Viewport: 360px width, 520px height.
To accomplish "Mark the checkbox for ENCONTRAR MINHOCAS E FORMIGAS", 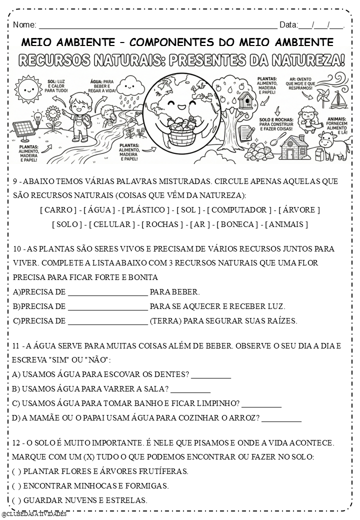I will tap(16, 485).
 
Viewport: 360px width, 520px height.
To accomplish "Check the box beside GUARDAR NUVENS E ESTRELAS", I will tap(16, 500).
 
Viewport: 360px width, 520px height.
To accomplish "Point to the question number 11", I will tap(16, 345).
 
